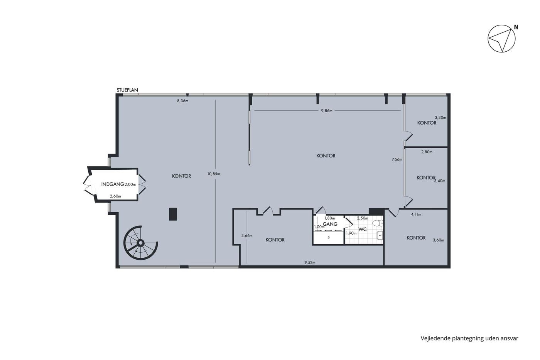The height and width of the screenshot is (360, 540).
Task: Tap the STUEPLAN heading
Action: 127,90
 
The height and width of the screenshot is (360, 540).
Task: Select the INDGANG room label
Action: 113,184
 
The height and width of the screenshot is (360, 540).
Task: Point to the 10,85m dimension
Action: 214,174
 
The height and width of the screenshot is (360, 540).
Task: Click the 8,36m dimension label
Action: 183,101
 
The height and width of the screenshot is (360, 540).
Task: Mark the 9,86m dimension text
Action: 327,111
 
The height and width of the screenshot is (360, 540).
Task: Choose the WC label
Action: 363,229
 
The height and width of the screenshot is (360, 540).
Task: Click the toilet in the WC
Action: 378,223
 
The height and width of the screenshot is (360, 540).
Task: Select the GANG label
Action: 330,224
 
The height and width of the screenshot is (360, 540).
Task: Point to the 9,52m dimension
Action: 310,263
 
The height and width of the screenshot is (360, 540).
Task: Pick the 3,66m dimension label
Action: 247,236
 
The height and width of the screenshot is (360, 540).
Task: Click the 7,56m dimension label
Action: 397,159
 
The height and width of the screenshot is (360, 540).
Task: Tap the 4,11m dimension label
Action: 416,215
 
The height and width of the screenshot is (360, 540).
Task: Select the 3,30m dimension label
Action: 440,118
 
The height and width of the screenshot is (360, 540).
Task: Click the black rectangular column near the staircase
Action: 173,214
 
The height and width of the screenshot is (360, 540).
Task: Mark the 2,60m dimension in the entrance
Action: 115,196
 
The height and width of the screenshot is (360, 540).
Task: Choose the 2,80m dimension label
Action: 427,152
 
